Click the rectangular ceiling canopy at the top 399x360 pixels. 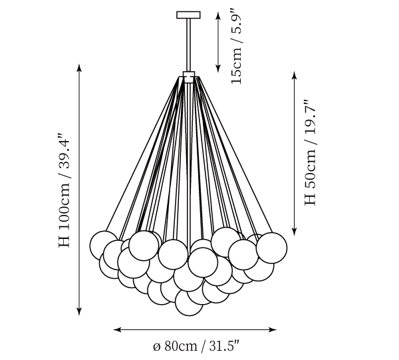188,15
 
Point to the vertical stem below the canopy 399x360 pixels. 189,45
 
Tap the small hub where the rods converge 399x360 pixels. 189,77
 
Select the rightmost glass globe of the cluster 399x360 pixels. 272,248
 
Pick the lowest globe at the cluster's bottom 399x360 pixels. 189,303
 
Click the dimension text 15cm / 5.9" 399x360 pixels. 235,46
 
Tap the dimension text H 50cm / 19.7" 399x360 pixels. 310,152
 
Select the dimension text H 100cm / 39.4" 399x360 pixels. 64,190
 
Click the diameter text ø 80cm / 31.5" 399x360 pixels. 196,346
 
